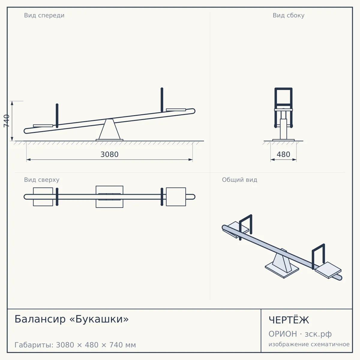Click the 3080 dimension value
109,154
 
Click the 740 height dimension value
7,121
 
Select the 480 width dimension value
283,154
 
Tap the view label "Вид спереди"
44,15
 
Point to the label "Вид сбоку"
288,15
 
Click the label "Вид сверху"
42,180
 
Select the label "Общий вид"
239,180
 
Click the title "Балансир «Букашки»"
72,319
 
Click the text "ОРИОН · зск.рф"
300,334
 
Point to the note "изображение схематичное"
309,344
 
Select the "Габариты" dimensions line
75,345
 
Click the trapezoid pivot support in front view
109,129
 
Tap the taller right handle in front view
162,100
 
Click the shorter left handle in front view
57,116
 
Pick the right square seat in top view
176,197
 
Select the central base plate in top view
109,197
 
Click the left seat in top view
43,197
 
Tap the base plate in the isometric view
282,271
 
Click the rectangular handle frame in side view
283,89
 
